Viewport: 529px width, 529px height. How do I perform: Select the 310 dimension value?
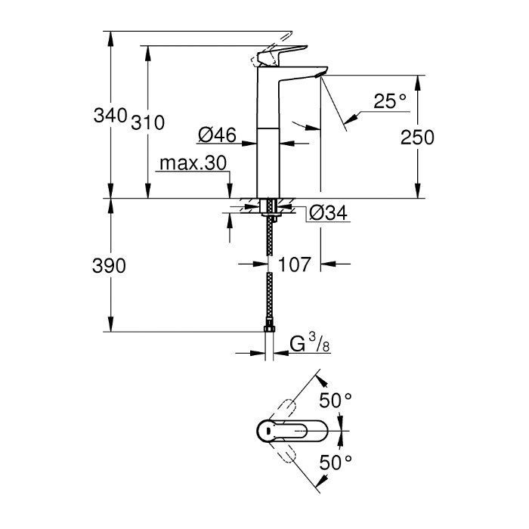pos(148,122)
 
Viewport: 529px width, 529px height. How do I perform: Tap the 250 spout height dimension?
pos(417,138)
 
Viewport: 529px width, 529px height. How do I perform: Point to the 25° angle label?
pos(390,101)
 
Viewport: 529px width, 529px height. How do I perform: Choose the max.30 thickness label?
pos(193,164)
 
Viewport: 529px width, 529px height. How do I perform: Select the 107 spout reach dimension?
pos(295,265)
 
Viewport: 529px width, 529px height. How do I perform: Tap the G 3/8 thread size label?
pos(310,345)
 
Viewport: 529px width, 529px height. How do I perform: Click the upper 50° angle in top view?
pos(336,401)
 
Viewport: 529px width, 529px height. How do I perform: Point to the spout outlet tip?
pos(322,74)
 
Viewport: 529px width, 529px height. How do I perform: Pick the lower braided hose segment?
pos(268,299)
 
